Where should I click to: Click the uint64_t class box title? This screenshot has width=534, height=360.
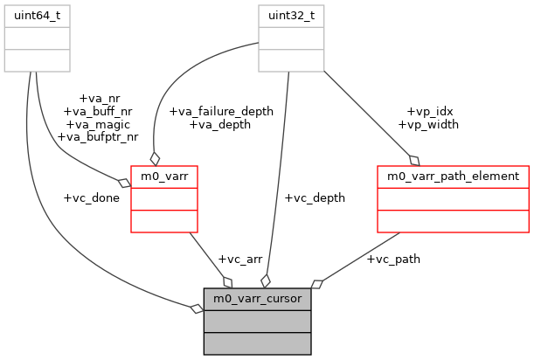click(37, 16)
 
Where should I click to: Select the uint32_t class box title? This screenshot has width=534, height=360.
click(290, 16)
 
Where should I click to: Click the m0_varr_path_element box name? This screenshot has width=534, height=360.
click(453, 176)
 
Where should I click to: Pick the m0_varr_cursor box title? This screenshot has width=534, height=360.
click(258, 299)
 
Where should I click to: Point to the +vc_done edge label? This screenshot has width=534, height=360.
click(91, 198)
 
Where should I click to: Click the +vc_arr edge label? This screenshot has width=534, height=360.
click(239, 260)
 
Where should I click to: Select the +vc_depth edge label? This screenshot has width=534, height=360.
click(315, 198)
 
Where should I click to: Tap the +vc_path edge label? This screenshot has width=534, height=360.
click(393, 260)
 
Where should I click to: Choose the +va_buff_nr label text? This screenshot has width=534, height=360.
click(97, 112)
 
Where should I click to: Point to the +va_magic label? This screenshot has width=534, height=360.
click(97, 124)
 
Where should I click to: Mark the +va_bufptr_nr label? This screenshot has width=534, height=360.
click(97, 136)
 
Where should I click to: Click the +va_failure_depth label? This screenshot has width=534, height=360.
click(220, 111)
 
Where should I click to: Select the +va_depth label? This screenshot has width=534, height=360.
click(220, 124)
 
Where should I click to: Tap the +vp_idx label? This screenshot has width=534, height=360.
click(428, 111)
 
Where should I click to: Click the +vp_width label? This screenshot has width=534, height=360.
click(428, 124)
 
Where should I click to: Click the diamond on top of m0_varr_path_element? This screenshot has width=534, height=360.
click(414, 159)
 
